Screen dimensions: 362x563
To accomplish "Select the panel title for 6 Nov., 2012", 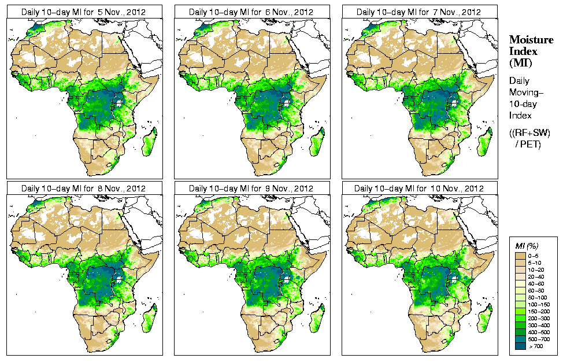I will [252, 12].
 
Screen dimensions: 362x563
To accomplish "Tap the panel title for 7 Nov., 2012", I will [419, 12].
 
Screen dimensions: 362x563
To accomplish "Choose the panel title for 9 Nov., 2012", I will [252, 189].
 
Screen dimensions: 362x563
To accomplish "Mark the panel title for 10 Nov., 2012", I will [419, 189].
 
